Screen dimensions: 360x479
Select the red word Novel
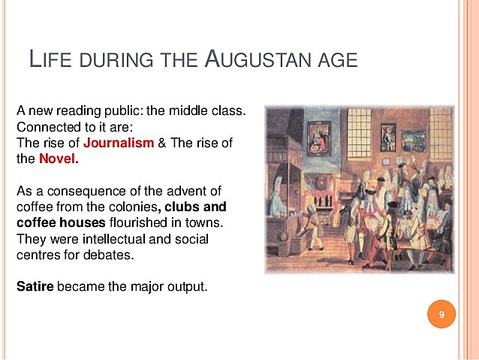coord(59,159)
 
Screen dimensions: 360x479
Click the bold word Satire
coord(35,286)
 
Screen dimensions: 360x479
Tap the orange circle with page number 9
coord(441,314)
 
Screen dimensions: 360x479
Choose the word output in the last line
coord(186,286)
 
